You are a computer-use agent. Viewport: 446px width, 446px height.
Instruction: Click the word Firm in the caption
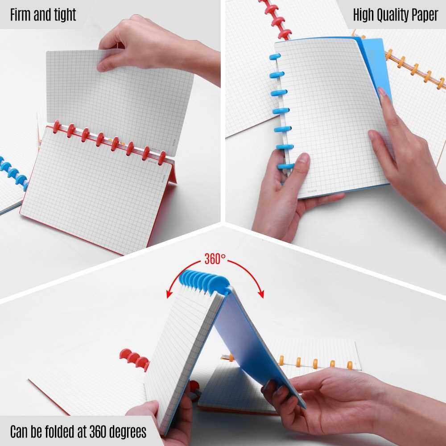[21, 15]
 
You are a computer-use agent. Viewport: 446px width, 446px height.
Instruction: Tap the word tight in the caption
[65, 15]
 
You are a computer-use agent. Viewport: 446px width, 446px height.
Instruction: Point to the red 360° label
[215, 259]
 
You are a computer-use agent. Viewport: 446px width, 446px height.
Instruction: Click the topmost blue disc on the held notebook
[275, 57]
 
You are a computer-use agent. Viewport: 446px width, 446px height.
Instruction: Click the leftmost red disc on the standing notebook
[57, 127]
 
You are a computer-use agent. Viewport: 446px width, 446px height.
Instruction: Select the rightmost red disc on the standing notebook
[162, 158]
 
